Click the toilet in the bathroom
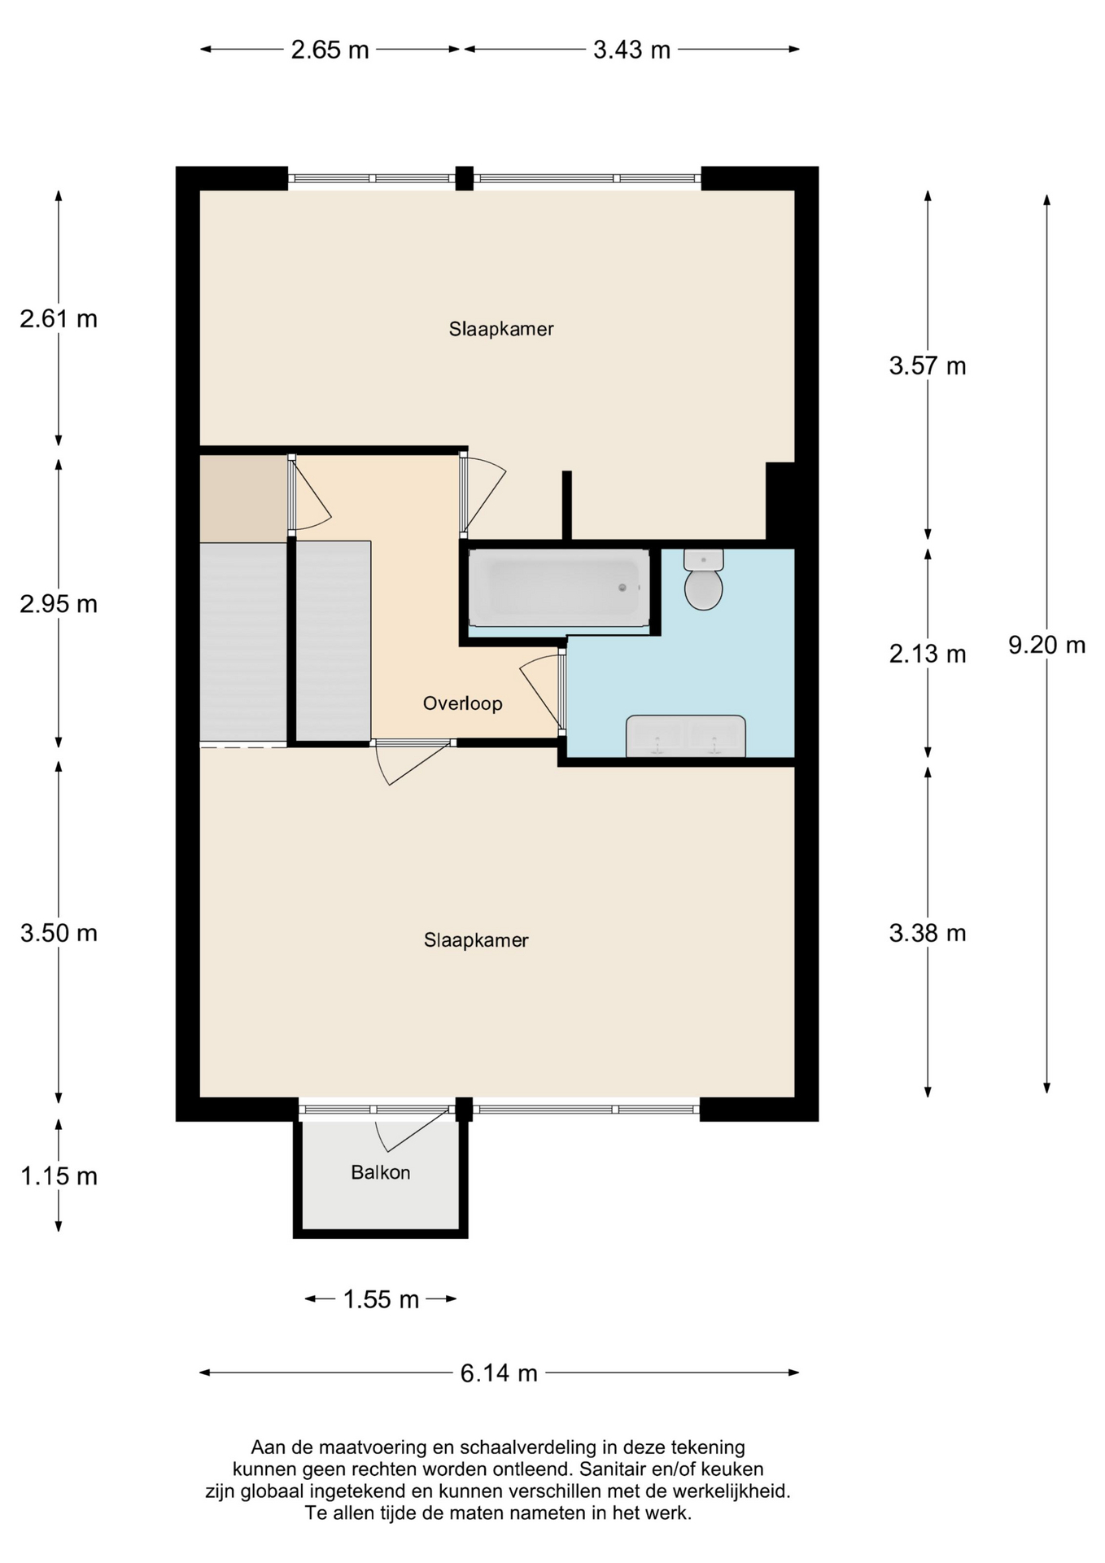click(703, 581)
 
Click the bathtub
click(559, 587)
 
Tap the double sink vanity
click(685, 736)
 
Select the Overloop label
click(462, 703)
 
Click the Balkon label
click(380, 1172)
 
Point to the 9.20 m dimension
click(1046, 646)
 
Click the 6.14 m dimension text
click(499, 1373)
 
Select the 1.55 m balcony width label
click(381, 1299)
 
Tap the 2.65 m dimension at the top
click(330, 50)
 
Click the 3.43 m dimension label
click(631, 50)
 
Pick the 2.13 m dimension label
click(927, 654)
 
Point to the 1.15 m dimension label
click(59, 1176)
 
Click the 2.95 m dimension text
click(59, 604)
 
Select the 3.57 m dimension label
click(927, 366)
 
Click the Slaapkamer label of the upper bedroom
click(501, 329)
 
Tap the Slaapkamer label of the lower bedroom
click(476, 940)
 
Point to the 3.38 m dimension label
click(927, 933)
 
